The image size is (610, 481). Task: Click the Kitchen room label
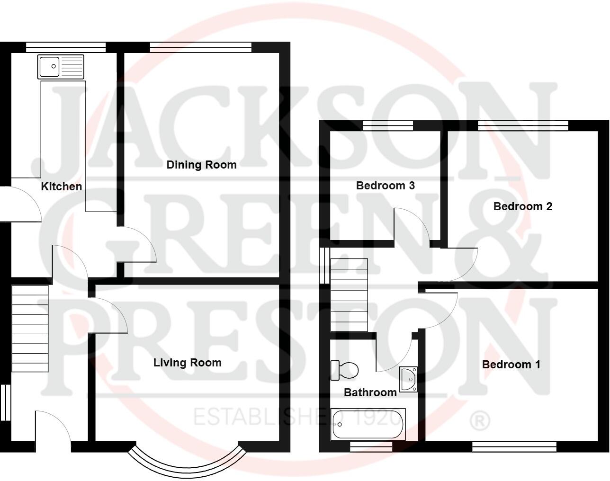coord(62,187)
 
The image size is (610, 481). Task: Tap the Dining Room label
coord(201,165)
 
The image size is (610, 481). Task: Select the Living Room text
coord(187,363)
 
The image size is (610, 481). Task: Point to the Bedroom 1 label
coord(511,365)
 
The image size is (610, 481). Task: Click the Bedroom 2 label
coord(522,206)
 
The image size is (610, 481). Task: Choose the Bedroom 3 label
coord(385,186)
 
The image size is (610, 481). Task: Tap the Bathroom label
coord(370,392)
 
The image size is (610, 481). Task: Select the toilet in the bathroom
coord(344,370)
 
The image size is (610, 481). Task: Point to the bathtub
coord(368,424)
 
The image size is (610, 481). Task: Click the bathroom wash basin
coord(408,379)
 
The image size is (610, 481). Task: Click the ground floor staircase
coord(30,328)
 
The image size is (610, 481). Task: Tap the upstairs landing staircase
coord(349,294)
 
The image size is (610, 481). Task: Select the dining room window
coord(200,47)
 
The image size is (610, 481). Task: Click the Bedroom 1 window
coord(514,446)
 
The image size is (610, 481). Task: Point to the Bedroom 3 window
coord(387,125)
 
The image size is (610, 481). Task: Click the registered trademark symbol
coord(479,420)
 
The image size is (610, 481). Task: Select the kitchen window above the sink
coord(65,47)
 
